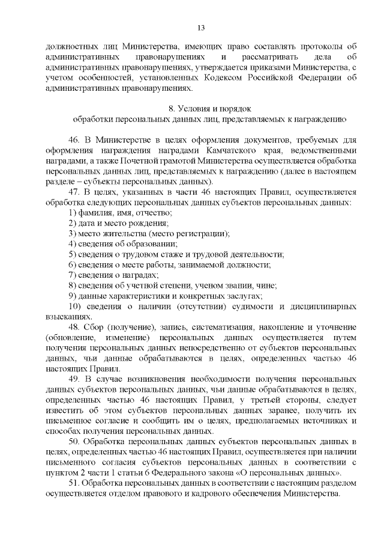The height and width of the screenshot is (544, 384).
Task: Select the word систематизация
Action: tap(225, 327)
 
